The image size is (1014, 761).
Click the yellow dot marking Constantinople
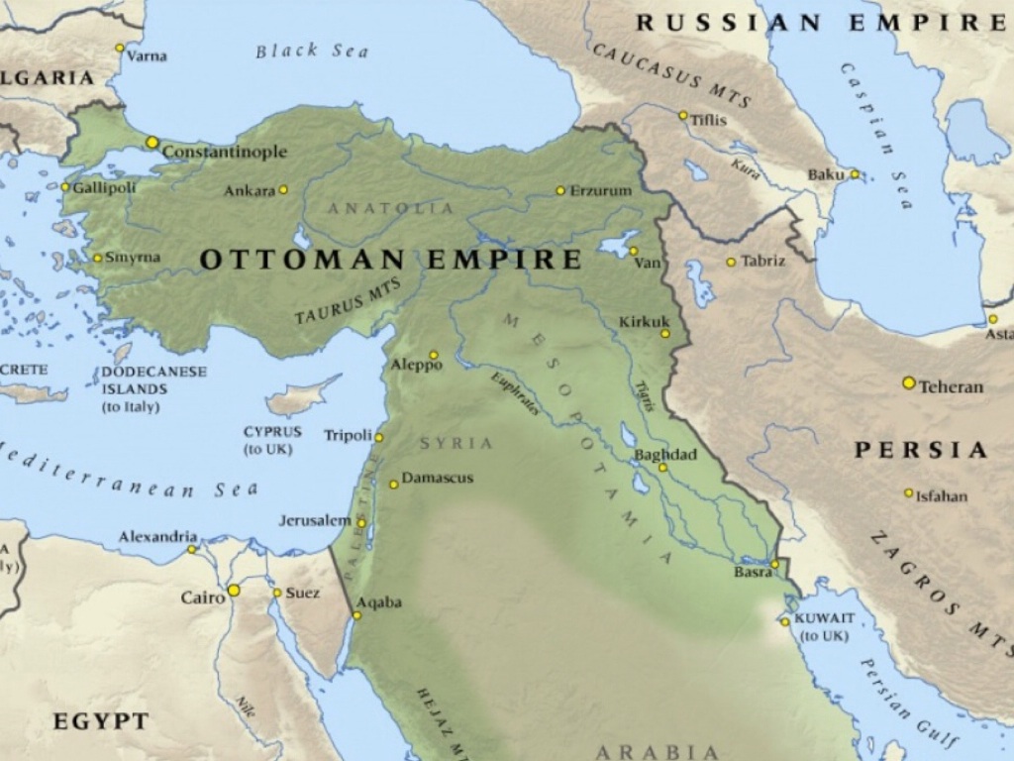coord(152,143)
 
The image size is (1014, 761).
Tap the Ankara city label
coord(249,190)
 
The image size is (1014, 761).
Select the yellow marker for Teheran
coord(908,382)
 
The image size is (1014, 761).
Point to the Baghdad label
coord(665,455)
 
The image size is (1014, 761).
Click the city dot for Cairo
coord(234,591)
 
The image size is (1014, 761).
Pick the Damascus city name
coord(437,478)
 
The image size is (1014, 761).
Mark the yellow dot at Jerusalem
coord(361,523)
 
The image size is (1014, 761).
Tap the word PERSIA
coord(921,450)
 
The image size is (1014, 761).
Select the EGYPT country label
coord(100,721)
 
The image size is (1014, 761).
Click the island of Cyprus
coord(302,396)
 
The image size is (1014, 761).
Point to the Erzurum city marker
coord(560,190)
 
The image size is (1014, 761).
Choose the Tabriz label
coord(762,261)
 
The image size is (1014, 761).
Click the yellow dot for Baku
coord(855,174)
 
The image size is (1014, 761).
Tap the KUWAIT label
coord(824,617)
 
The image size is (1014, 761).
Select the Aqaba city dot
coord(356,615)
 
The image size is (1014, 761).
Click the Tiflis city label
coord(709,120)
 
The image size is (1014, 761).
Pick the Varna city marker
coord(120,48)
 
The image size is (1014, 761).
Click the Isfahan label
coord(942,495)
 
